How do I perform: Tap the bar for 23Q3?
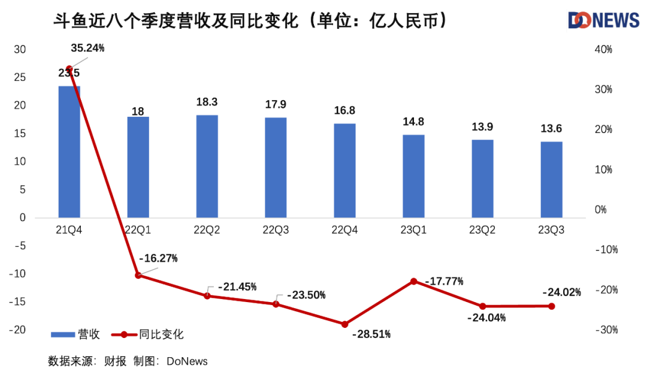(551, 179)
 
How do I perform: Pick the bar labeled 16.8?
(344, 170)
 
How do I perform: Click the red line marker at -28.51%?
(344, 324)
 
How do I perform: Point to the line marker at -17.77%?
(413, 281)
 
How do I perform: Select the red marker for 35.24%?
(69, 68)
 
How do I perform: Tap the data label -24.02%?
(561, 292)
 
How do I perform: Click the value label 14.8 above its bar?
(413, 122)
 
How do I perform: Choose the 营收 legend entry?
(75, 334)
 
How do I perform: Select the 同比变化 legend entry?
(150, 334)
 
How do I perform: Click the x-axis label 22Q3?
(276, 230)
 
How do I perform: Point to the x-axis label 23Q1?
(413, 230)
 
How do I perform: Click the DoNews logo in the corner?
(603, 20)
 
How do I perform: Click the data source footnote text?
(128, 361)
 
